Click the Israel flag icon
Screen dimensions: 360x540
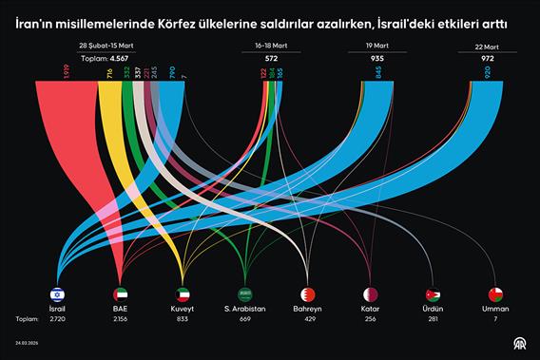pos(57,294)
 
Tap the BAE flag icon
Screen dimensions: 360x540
pos(120,294)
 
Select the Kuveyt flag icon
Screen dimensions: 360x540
pos(183,294)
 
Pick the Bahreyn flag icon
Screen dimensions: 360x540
pos(308,294)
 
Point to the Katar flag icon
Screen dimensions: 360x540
pos(371,294)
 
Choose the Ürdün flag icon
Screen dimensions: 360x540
pos(434,294)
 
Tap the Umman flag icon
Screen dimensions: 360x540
pos(495,294)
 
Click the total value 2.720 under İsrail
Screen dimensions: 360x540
pos(57,320)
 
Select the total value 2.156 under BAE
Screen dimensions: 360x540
pos(120,320)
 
